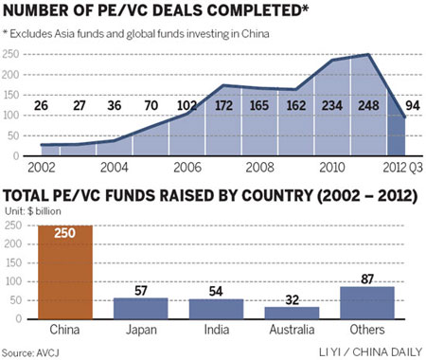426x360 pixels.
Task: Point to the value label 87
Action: pyautogui.click(x=367, y=280)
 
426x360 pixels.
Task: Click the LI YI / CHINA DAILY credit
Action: pyautogui.click(x=367, y=351)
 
